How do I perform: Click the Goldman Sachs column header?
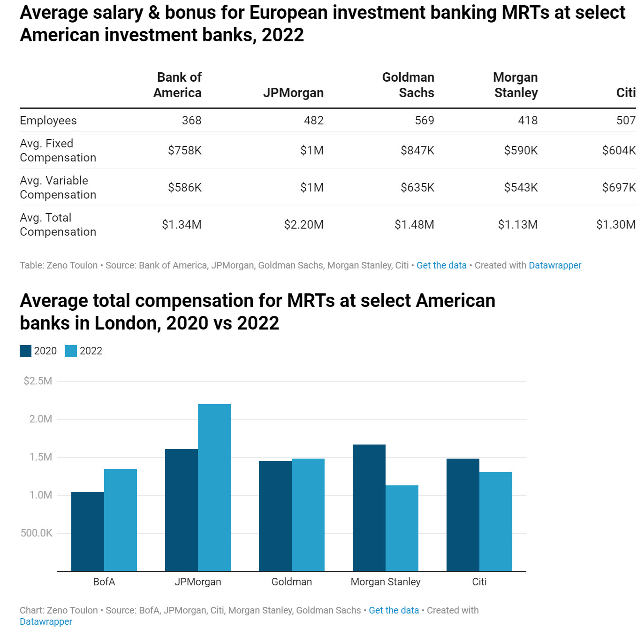[x=408, y=85]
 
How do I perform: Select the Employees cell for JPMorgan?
[x=313, y=120]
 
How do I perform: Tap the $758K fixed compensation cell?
[x=185, y=150]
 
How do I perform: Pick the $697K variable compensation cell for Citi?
[x=619, y=187]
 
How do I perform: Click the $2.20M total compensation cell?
[x=303, y=224]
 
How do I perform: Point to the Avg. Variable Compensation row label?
[x=58, y=187]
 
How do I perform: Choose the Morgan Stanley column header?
[x=515, y=85]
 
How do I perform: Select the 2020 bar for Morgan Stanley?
[x=369, y=507]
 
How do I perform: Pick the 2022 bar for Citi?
[x=496, y=522]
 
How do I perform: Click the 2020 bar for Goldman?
[x=275, y=516]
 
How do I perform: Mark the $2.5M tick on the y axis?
[x=38, y=381]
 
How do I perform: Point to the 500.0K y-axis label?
[x=37, y=533]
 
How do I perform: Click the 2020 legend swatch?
[x=25, y=351]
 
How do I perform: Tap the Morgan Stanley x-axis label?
[x=386, y=582]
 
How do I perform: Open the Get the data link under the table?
[x=441, y=265]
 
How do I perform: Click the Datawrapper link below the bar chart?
[x=46, y=621]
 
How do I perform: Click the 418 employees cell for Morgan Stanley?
[x=528, y=120]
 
